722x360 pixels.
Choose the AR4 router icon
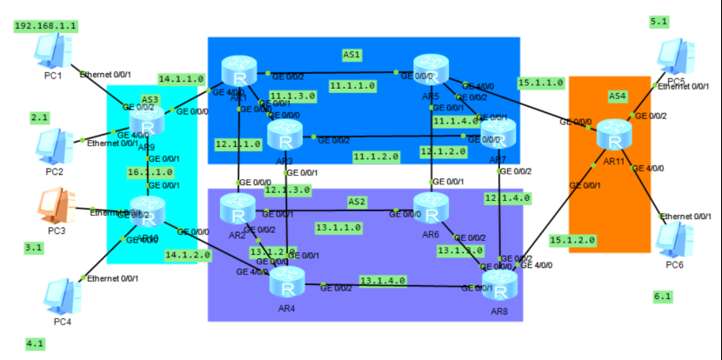287,282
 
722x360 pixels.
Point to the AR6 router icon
429,209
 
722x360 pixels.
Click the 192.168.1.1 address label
45,26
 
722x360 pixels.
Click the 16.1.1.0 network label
145,172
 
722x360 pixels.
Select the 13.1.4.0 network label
382,281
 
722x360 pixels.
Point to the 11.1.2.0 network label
376,157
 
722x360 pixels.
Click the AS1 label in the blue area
352,55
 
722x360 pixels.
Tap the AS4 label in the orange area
617,96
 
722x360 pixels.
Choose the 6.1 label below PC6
662,297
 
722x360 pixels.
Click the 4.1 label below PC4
35,343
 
